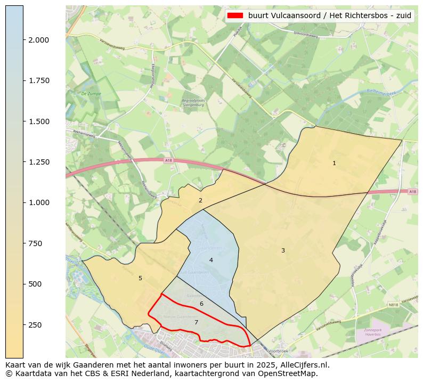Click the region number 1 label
point(334,163)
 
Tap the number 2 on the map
point(200,200)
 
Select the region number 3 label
point(283,250)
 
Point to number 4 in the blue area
point(211,260)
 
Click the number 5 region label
point(140,278)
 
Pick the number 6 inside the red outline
point(201,304)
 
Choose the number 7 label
point(196,322)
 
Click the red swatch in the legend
point(235,15)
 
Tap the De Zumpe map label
point(91,93)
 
